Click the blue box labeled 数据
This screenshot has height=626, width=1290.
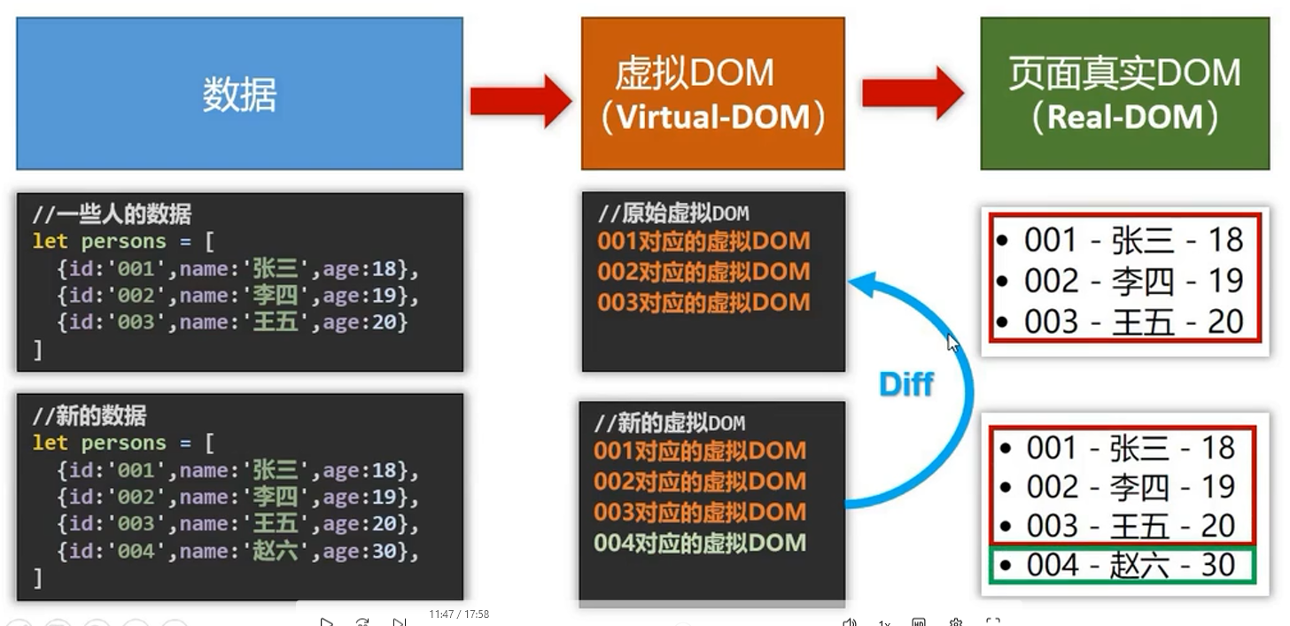coord(239,93)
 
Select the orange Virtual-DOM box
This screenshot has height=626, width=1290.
coord(713,93)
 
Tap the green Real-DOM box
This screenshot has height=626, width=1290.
coord(1124,93)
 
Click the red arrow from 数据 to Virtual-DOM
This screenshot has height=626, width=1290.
coord(521,101)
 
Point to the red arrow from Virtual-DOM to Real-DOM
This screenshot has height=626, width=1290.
coord(913,93)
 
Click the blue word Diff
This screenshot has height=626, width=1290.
coord(905,383)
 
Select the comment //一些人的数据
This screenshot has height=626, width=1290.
coord(113,214)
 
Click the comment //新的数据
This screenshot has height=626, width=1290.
coord(89,415)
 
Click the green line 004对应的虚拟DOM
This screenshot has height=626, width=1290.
coord(700,543)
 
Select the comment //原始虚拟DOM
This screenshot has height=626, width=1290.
coord(673,213)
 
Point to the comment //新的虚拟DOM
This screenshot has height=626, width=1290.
coord(670,423)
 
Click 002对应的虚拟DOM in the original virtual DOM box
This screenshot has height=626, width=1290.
coord(703,272)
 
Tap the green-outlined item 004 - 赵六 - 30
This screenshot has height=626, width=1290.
coord(1123,565)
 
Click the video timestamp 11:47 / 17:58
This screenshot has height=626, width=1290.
coord(459,614)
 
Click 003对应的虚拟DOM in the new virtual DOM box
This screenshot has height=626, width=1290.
coord(700,512)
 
